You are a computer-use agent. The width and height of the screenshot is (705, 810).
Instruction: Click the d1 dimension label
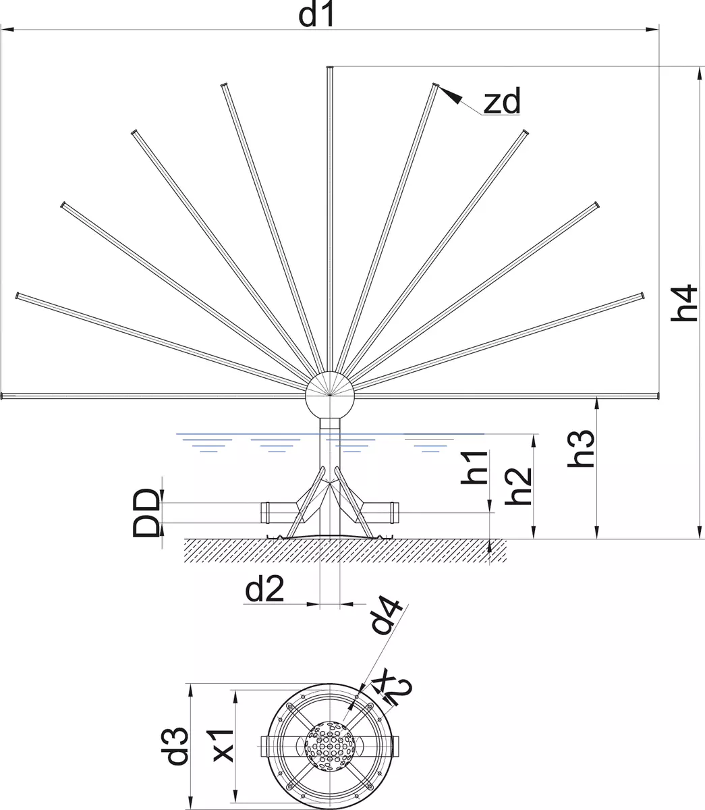316,14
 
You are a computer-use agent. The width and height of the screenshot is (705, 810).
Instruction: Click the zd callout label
502,101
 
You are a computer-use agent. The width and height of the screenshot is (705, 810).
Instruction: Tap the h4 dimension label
685,303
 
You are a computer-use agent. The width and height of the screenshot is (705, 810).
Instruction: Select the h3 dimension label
581,449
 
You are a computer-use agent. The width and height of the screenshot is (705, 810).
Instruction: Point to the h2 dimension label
519,486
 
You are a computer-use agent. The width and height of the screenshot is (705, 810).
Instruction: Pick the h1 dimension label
475,467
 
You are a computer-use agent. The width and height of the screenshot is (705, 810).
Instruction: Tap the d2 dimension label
264,589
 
